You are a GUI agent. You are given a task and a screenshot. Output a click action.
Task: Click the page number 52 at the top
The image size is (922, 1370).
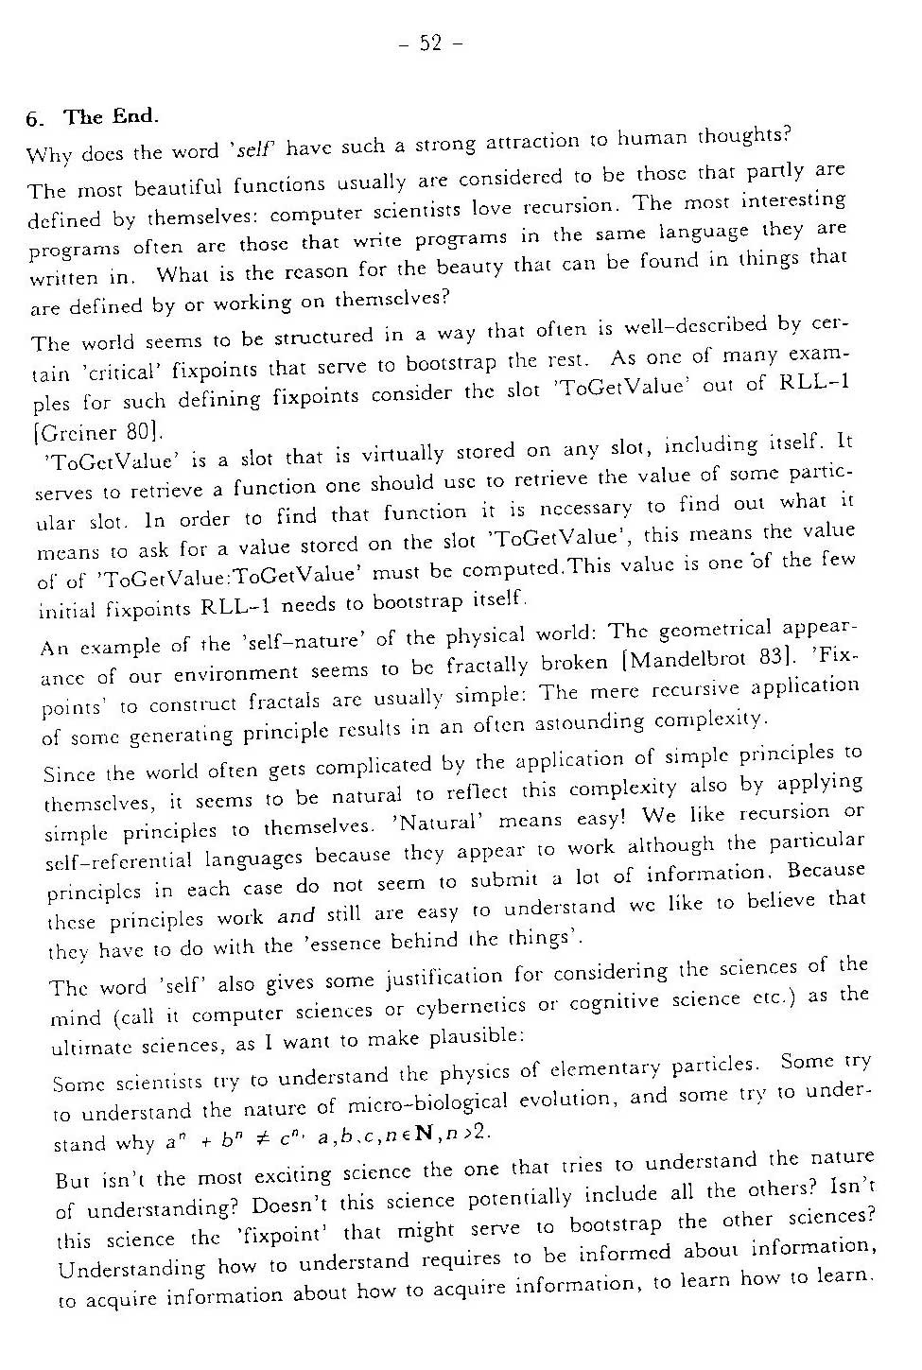point(430,43)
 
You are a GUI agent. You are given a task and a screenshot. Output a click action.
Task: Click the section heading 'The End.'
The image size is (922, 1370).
point(111,117)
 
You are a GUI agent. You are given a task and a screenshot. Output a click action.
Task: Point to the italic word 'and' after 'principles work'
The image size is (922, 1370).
point(296,915)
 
